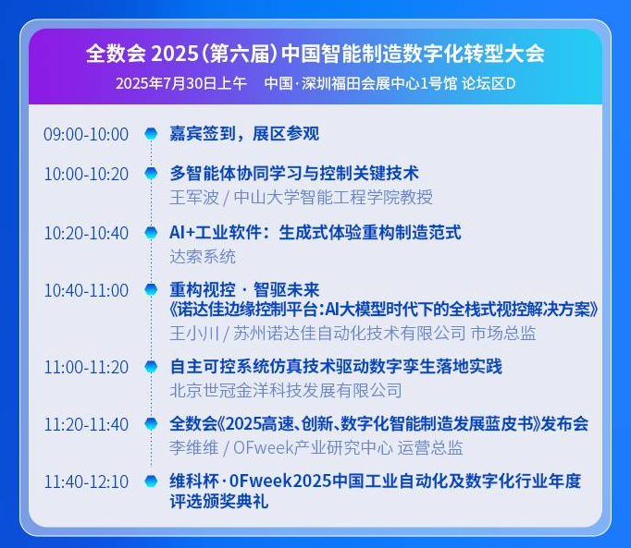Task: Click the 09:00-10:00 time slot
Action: click(x=86, y=135)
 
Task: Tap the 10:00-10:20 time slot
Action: click(x=86, y=175)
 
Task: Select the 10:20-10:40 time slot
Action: click(x=86, y=233)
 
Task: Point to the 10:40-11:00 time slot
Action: click(x=86, y=291)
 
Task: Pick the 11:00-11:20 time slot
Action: click(x=86, y=368)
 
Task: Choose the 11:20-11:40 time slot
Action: click(x=86, y=425)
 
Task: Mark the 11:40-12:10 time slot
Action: click(x=86, y=482)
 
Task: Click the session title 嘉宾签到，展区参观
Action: click(x=244, y=134)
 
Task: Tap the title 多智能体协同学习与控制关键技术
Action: click(x=294, y=174)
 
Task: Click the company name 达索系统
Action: click(x=203, y=256)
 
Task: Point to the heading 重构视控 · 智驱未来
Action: click(x=244, y=290)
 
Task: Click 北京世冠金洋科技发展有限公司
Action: click(x=286, y=390)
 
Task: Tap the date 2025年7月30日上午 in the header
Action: click(x=181, y=83)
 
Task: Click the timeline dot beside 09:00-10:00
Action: click(x=151, y=134)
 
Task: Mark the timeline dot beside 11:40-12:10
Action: click(x=151, y=481)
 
